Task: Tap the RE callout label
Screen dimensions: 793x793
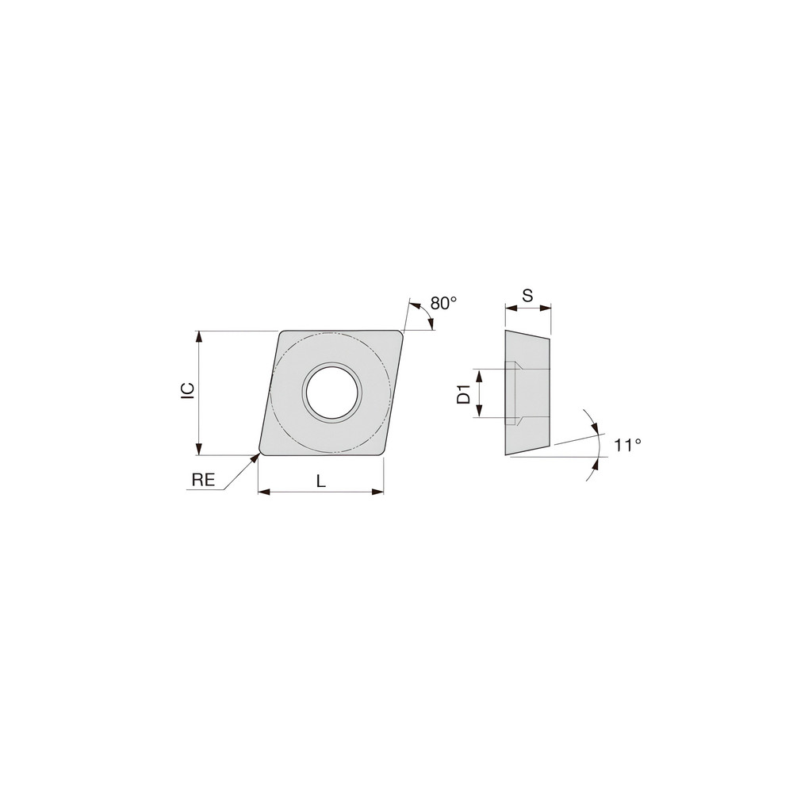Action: pos(204,479)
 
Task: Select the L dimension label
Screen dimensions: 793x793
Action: pos(320,480)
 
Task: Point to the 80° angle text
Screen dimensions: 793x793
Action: pos(444,302)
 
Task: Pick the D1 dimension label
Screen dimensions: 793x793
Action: pos(464,393)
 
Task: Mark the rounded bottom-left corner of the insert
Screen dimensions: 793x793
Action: pos(262,450)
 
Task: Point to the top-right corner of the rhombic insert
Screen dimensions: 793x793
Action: pos(400,334)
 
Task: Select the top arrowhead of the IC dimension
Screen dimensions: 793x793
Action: pos(200,335)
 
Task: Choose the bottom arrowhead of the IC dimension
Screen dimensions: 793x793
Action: pos(200,450)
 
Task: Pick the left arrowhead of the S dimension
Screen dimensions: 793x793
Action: pos(509,308)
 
